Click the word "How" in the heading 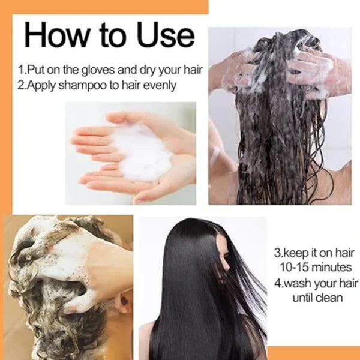pos(56,35)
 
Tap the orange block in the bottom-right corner pos(314,353)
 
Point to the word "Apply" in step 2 pos(41,85)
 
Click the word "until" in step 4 pos(302,298)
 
